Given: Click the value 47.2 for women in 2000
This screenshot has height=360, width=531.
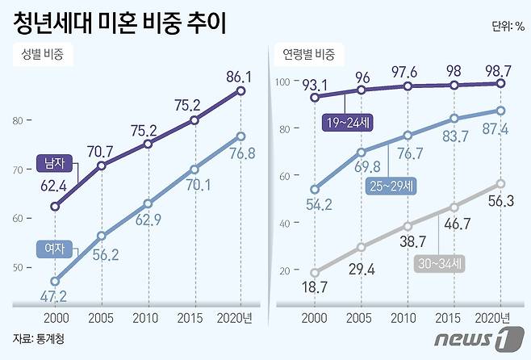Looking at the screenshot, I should tap(54, 297).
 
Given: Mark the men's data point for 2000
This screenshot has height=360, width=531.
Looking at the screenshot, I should tap(55, 207).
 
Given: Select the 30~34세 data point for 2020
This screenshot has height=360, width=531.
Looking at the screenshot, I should tap(500, 184).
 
